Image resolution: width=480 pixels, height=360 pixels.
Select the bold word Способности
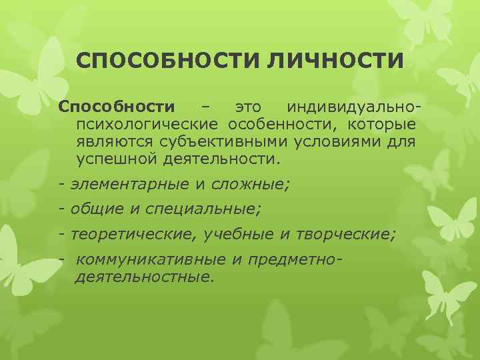[x=117, y=107]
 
